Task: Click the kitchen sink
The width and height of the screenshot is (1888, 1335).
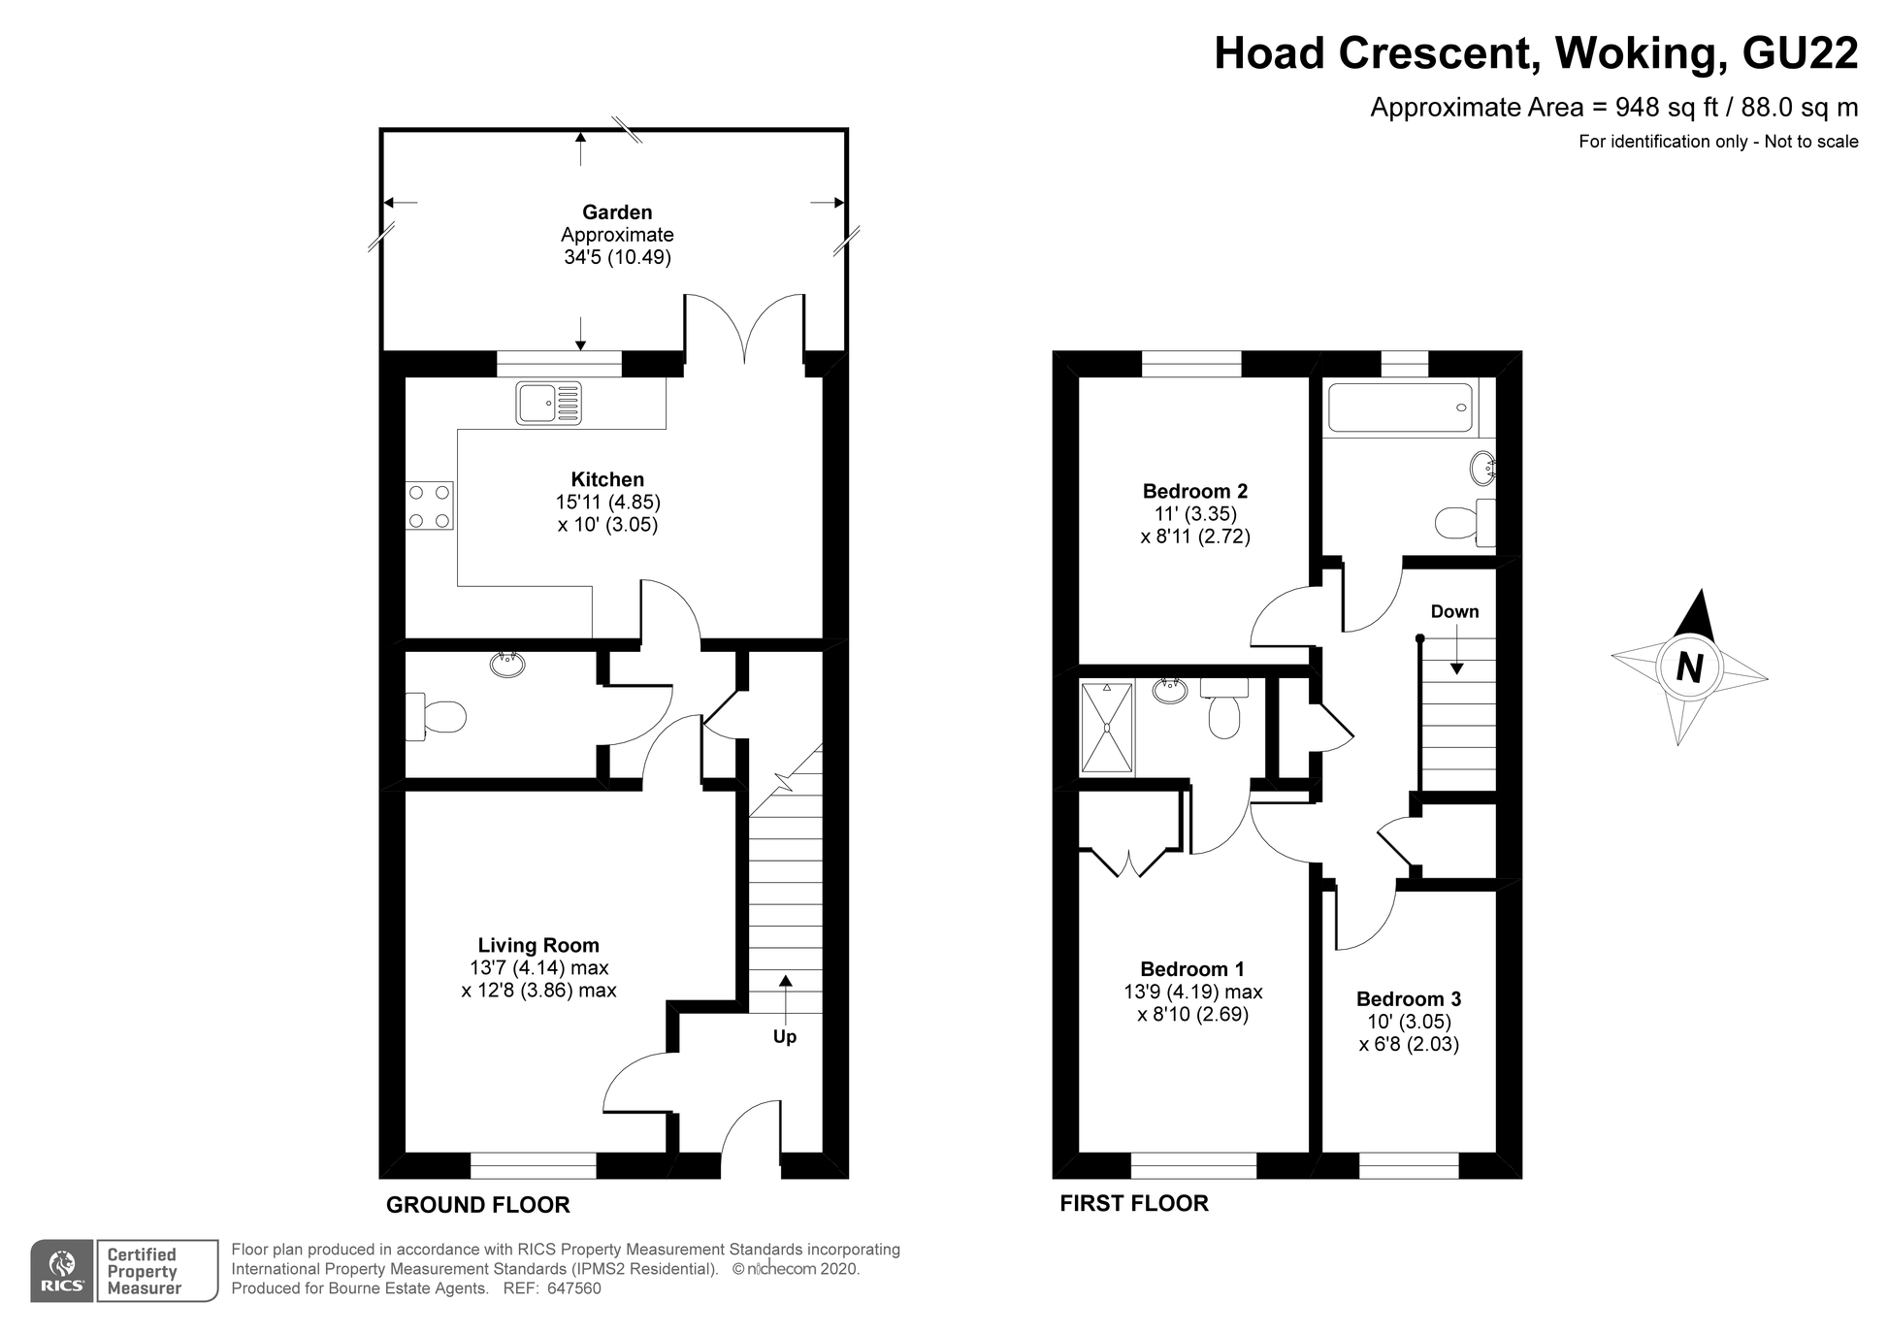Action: click(x=549, y=404)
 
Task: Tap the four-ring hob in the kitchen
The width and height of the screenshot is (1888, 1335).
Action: click(x=430, y=506)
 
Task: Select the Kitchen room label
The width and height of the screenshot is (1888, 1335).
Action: click(x=607, y=479)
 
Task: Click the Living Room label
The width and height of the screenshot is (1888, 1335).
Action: click(x=538, y=945)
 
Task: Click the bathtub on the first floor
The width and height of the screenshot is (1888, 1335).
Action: click(x=1400, y=407)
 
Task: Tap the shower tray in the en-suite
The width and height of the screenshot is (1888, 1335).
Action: click(x=1107, y=728)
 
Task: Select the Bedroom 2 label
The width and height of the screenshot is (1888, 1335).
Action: click(x=1195, y=491)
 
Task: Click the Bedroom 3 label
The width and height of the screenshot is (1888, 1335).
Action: click(x=1409, y=999)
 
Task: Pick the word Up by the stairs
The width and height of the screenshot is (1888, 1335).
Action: click(x=785, y=1037)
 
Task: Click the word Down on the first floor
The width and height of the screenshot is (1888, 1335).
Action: click(x=1455, y=611)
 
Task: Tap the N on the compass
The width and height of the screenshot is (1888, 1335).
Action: click(x=1689, y=667)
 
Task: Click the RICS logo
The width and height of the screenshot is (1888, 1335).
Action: click(x=63, y=1271)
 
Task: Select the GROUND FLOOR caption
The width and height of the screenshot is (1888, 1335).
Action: click(x=478, y=1205)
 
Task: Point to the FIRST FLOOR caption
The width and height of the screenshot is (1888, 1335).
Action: click(x=1134, y=1204)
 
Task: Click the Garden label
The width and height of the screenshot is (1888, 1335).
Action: click(x=617, y=212)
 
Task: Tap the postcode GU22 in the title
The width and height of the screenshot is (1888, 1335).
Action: click(x=1801, y=53)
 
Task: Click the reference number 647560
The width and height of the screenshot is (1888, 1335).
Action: click(x=574, y=1288)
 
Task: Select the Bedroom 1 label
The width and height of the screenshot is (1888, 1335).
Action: click(x=1192, y=969)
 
